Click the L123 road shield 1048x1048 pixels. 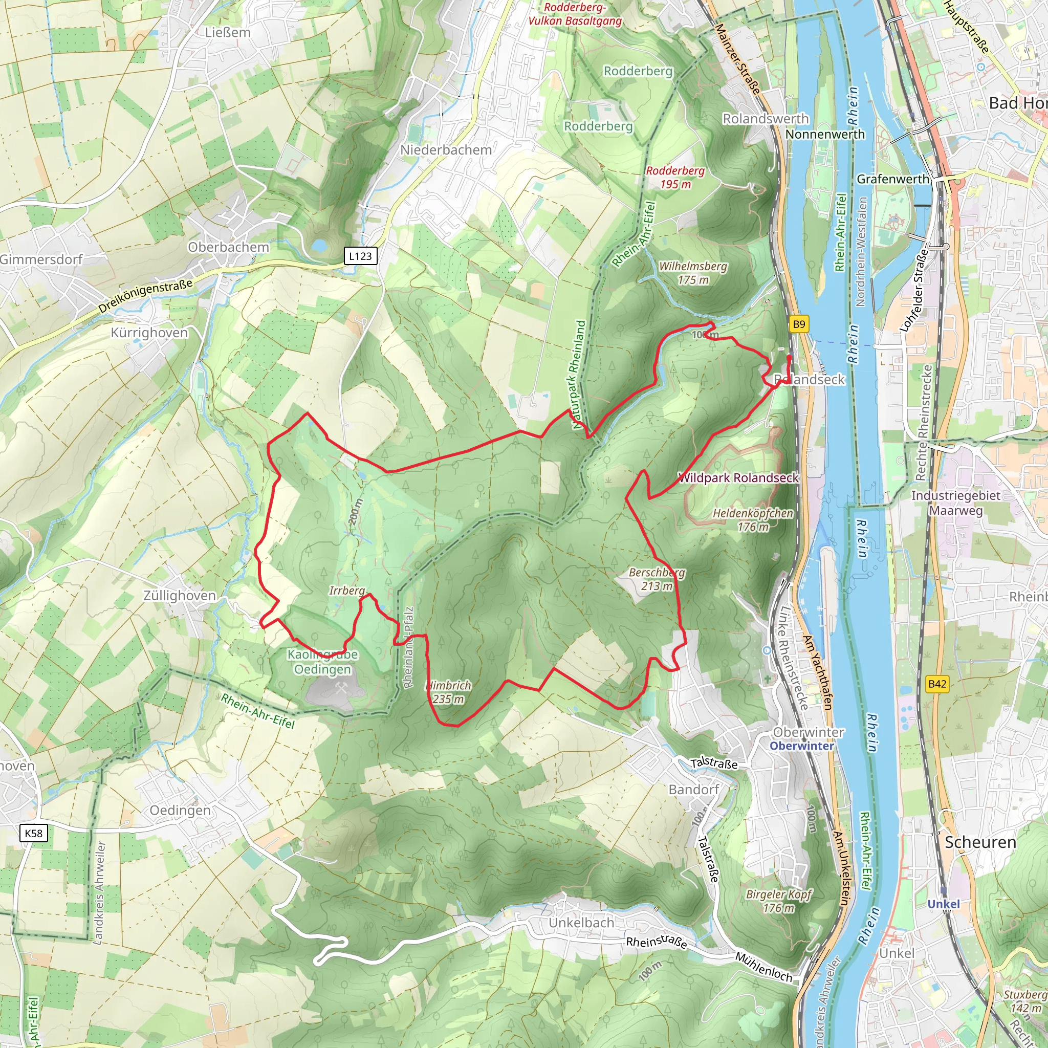(x=360, y=256)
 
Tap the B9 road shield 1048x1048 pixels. (x=798, y=324)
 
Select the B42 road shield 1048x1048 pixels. (x=937, y=684)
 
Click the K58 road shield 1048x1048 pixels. (x=34, y=833)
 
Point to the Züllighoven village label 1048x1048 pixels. (x=180, y=596)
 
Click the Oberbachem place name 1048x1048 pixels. (x=228, y=247)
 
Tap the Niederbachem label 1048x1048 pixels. (x=446, y=150)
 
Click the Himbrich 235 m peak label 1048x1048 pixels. (x=448, y=692)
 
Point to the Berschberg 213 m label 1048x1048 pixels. (x=657, y=579)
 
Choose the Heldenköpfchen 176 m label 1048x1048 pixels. (x=752, y=520)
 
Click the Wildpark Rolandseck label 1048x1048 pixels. (x=738, y=478)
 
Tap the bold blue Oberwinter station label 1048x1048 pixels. (x=802, y=746)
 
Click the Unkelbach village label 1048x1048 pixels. (x=581, y=923)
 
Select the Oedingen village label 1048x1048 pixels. (x=180, y=811)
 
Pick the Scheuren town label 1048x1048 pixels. (x=980, y=842)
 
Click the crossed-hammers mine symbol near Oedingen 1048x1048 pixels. (x=342, y=688)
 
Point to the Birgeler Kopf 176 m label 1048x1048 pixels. (x=778, y=901)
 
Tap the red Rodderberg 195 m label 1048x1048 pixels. (x=675, y=178)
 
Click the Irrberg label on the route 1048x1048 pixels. (x=347, y=590)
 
